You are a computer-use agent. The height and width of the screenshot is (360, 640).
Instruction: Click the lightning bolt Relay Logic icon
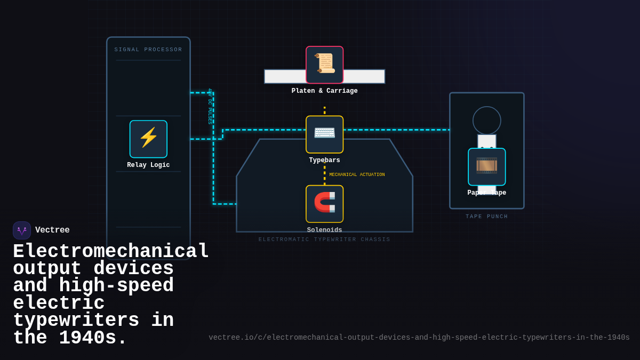coord(148,139)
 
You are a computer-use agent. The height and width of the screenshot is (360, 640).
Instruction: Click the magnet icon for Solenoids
coord(324,203)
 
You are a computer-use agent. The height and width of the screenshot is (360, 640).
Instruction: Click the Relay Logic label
coord(148,165)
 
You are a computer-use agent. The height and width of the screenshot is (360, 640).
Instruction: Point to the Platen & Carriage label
coord(324,91)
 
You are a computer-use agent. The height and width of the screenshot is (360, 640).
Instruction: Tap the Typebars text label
coord(324,161)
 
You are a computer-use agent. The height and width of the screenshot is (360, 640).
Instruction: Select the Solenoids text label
coord(324,230)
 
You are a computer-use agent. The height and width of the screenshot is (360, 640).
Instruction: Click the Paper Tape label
coord(486,193)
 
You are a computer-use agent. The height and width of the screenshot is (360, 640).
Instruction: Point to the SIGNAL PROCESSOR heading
coord(148,50)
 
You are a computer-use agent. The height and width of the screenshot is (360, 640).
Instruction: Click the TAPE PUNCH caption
coord(486,217)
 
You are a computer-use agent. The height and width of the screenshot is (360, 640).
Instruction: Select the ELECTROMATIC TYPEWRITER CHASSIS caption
coord(324,239)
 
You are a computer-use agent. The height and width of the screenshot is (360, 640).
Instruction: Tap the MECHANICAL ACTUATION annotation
coord(357,175)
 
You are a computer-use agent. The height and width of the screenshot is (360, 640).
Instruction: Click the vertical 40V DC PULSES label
coord(210,106)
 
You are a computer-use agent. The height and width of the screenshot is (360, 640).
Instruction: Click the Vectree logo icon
coord(22,230)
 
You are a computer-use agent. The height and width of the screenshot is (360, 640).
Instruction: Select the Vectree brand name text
coord(52,230)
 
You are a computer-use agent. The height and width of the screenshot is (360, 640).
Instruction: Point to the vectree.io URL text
coord(419,338)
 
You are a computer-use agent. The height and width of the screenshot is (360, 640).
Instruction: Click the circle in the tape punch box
coord(486,121)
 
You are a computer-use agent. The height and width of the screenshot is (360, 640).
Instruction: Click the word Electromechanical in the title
coord(111,252)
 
